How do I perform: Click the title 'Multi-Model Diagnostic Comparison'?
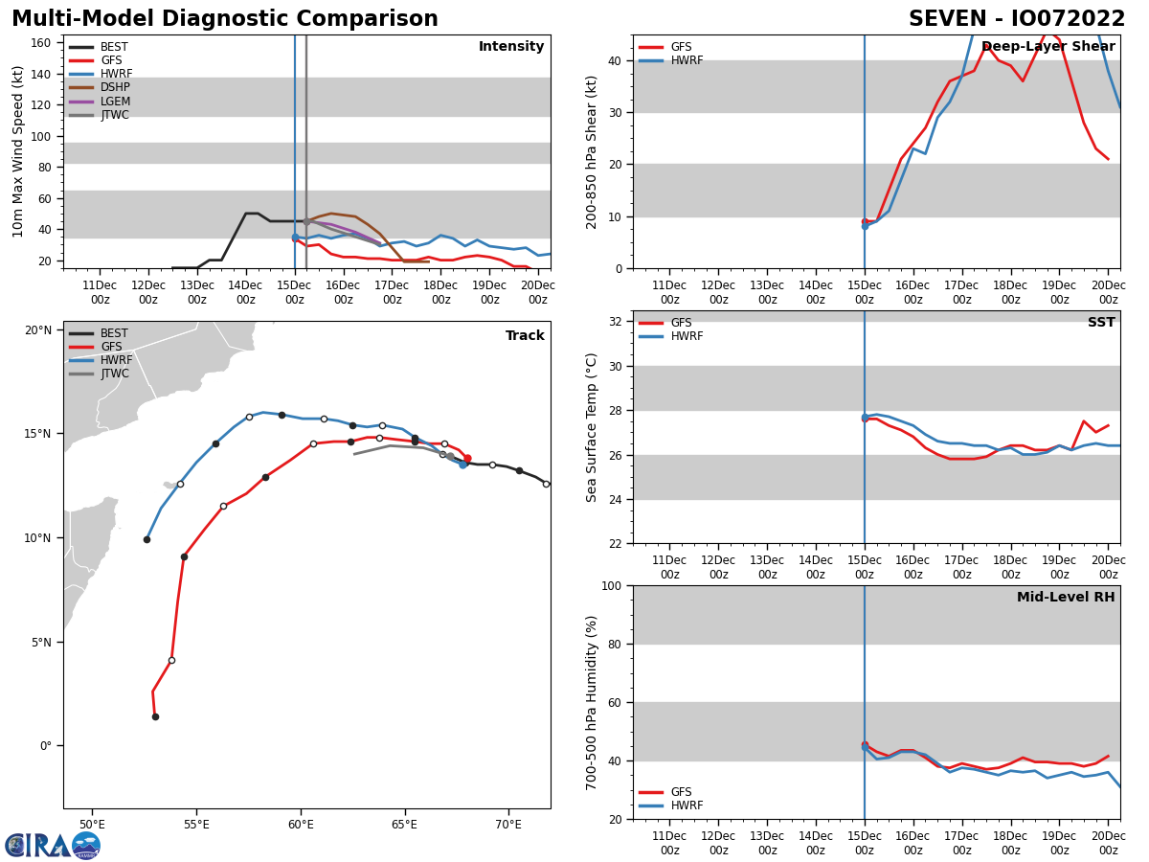click(x=225, y=19)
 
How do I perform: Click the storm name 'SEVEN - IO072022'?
click(x=1017, y=19)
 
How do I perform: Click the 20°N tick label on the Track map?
click(x=38, y=330)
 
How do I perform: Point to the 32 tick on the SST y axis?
click(x=618, y=322)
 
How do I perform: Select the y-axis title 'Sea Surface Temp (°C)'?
click(x=593, y=427)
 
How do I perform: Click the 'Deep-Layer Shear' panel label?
click(x=1048, y=47)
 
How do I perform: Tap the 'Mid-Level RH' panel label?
click(x=1066, y=598)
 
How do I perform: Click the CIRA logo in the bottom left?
click(x=52, y=845)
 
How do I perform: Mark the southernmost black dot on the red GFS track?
click(x=155, y=716)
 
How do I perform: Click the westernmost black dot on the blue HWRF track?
click(x=146, y=539)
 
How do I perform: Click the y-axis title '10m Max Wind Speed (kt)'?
click(x=18, y=151)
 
